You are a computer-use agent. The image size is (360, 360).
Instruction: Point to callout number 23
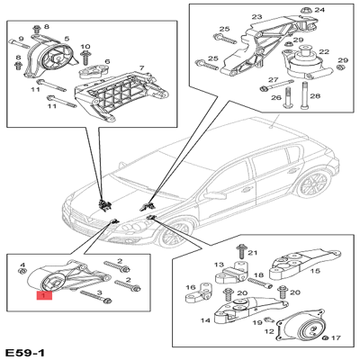[x=256, y=17]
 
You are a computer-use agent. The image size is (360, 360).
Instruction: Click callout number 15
[x=316, y=268]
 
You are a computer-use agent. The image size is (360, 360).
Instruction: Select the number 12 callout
[x=268, y=331]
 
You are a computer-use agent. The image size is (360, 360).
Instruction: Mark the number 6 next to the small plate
[x=107, y=62]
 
